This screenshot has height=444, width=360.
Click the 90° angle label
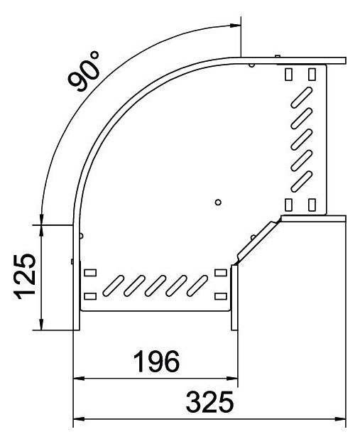coord(84,71)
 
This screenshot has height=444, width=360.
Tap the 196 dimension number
coord(156,362)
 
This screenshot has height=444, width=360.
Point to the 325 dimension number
coord(209,402)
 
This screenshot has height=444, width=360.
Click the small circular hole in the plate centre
coord(218,202)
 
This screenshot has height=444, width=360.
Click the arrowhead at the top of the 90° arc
coord(235,26)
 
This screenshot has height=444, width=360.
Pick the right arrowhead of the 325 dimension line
coord(340,419)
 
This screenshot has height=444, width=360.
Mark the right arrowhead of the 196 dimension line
coord(232,378)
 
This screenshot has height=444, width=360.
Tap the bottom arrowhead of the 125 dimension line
coord(41,325)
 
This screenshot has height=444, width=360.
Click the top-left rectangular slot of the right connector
coord(288,74)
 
